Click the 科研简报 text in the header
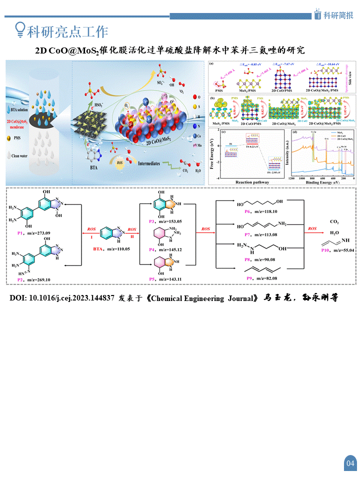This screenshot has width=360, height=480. coord(338,15)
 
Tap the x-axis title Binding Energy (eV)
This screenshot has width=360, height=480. coord(324,182)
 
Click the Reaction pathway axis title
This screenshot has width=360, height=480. coord(252,182)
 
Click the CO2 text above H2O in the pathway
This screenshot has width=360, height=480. coord(334,221)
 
